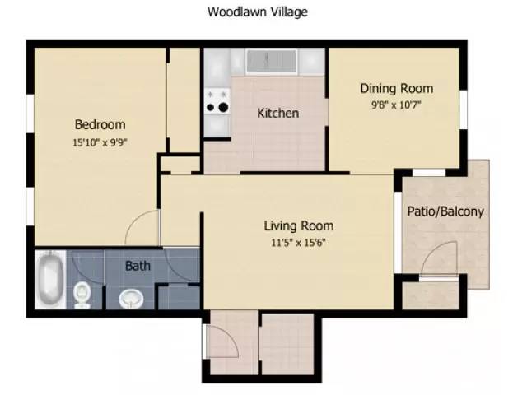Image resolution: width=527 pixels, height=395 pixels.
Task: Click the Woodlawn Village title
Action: pos(258,12)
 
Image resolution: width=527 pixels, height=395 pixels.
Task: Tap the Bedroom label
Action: pos(100,125)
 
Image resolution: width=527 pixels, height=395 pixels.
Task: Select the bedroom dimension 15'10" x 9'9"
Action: pos(100,142)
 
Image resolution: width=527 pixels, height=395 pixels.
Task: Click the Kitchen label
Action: pos(277,113)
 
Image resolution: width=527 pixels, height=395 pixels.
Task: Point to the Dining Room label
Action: pos(396,88)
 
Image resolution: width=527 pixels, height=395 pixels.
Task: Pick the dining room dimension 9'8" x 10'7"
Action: pos(396,104)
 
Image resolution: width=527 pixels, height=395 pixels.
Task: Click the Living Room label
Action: pos(298,225)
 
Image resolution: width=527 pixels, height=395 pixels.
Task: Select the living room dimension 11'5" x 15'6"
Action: pos(298,242)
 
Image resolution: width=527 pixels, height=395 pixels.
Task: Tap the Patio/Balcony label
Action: pos(445,211)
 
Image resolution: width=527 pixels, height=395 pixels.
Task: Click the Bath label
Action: pos(137,266)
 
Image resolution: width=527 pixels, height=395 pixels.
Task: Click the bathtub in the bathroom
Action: pos(49,280)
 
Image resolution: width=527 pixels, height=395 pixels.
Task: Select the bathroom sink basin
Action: pos(131,298)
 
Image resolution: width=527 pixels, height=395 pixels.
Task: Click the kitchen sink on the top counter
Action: pos(271,61)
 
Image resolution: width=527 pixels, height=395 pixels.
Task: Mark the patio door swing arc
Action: pos(438,259)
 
